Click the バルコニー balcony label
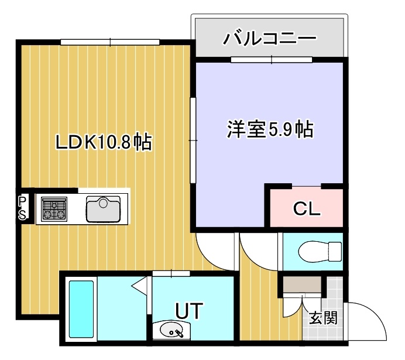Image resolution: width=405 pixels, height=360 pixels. (x=270, y=38)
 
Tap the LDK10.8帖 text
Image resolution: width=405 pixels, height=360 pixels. (x=104, y=142)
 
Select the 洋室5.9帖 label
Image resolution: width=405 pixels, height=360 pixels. (x=270, y=129)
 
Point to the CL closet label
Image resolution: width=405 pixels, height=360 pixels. (x=307, y=209)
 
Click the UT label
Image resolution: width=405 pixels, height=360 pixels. (x=189, y=311)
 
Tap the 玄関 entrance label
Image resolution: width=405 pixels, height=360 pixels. (x=324, y=318)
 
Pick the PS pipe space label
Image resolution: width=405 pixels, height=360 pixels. (x=22, y=208)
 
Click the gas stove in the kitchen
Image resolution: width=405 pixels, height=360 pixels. (x=54, y=209)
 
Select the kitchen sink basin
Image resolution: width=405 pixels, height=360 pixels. (x=104, y=209)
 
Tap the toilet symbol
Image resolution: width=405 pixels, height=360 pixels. (x=320, y=251)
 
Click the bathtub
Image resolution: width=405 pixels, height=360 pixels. (x=81, y=309)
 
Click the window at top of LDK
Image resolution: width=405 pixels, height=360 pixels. (x=110, y=42)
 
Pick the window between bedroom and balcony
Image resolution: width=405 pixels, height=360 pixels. (x=272, y=60)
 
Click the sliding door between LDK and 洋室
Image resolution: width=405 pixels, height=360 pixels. (x=193, y=140)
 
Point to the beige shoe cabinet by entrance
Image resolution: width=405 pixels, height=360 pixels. (x=302, y=284)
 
